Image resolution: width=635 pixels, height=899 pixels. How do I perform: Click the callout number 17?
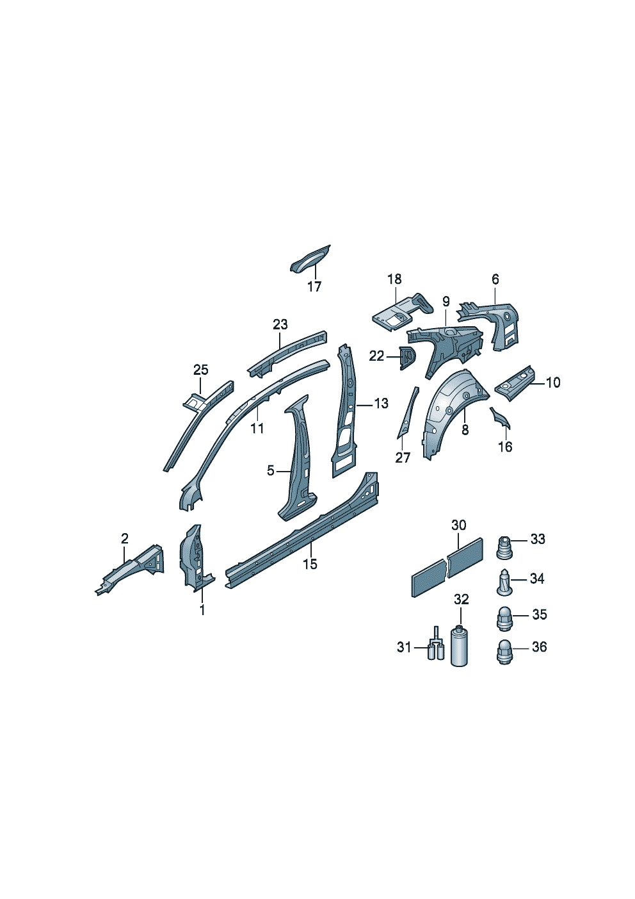pyautogui.click(x=315, y=286)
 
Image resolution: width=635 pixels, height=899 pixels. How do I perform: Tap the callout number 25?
pyautogui.click(x=201, y=370)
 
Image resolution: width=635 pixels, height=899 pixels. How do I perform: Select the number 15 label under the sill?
pyautogui.click(x=310, y=564)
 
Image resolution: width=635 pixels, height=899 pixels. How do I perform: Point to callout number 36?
pyautogui.click(x=539, y=647)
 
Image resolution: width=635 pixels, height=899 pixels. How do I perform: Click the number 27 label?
pyautogui.click(x=403, y=458)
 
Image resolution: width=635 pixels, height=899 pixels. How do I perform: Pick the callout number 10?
pyautogui.click(x=553, y=383)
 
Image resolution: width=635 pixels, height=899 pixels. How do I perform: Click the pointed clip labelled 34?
pyautogui.click(x=505, y=582)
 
